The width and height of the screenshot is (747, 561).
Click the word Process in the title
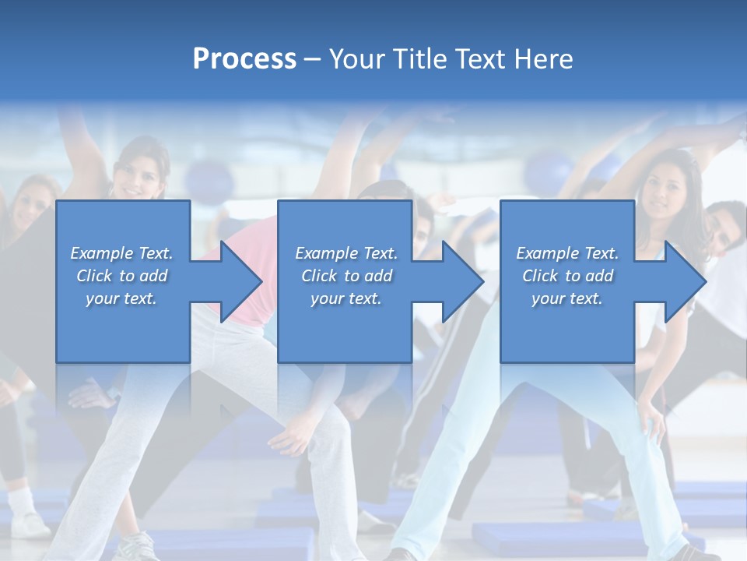(x=244, y=59)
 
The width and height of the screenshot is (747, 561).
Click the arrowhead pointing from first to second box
(x=240, y=281)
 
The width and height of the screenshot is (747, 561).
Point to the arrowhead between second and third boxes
(x=461, y=281)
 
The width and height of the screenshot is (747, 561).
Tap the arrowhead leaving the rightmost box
(x=684, y=281)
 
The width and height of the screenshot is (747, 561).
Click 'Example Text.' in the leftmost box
(x=121, y=253)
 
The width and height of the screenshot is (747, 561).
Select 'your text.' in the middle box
(x=345, y=298)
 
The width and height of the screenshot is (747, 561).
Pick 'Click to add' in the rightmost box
(x=567, y=276)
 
